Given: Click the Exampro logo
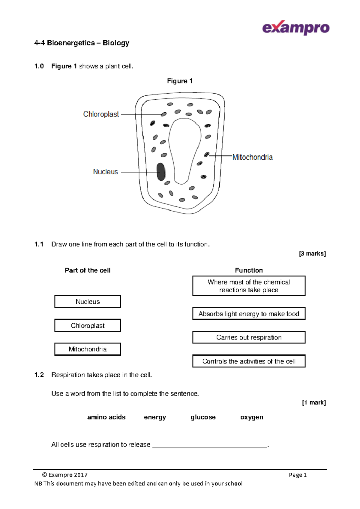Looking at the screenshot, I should point(295,28).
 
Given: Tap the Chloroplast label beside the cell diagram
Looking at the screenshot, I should point(101,114).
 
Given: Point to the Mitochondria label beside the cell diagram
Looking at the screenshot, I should point(252,157).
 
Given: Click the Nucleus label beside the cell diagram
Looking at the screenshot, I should point(105,172).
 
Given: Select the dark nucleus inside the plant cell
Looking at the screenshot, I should point(161,172).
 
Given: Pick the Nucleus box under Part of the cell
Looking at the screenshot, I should point(88,302).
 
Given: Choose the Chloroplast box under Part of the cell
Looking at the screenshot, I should point(88,325).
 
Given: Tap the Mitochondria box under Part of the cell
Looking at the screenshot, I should point(88,349).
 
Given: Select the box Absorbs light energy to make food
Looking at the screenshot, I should point(249,314).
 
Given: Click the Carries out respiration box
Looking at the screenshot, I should point(249,337).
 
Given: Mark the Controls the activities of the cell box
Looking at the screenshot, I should point(249,361).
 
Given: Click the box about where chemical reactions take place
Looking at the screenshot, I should point(249,286).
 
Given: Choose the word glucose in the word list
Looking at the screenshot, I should point(203,417).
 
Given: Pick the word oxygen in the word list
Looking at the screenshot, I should point(252,417).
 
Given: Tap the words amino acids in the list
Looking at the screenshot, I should point(106,417).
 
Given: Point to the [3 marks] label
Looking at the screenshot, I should point(312,254).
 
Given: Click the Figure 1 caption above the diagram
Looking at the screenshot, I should point(180,81).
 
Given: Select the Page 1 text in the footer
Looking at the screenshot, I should point(297,475).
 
